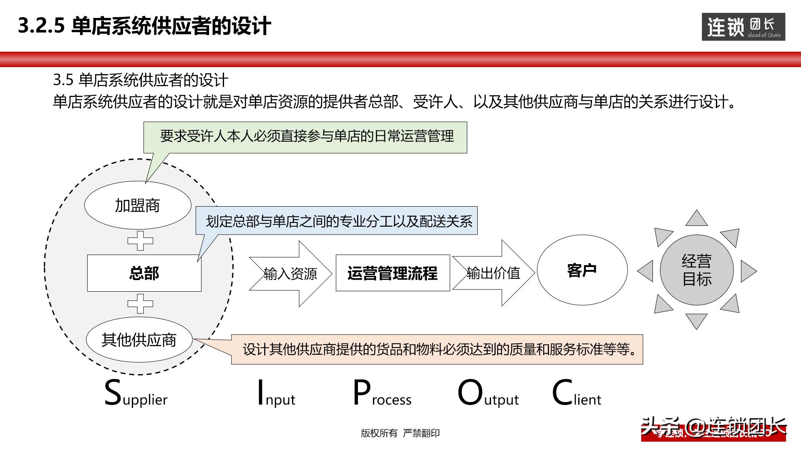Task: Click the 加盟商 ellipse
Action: click(138, 205)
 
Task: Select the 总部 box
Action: click(144, 273)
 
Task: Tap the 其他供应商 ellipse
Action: click(139, 340)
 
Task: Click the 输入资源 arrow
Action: click(290, 274)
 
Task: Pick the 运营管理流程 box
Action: click(393, 273)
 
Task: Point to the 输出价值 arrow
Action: click(493, 273)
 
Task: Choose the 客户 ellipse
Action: click(582, 270)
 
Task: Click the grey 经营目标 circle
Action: click(697, 270)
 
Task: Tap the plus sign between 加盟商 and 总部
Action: click(140, 241)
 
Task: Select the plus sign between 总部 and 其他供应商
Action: click(140, 303)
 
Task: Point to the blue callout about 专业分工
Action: click(338, 221)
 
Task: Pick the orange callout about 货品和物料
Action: click(437, 349)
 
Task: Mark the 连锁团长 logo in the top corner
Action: click(743, 27)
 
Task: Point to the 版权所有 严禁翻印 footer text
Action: click(400, 433)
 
